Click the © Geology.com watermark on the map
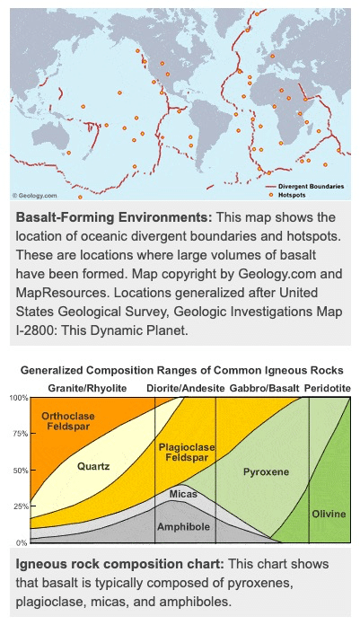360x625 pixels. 35,195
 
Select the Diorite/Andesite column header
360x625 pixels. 187,387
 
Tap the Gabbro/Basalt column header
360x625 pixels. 264,387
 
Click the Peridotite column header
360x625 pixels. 328,387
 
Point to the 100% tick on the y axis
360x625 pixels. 19,397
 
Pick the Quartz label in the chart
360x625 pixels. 92,467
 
